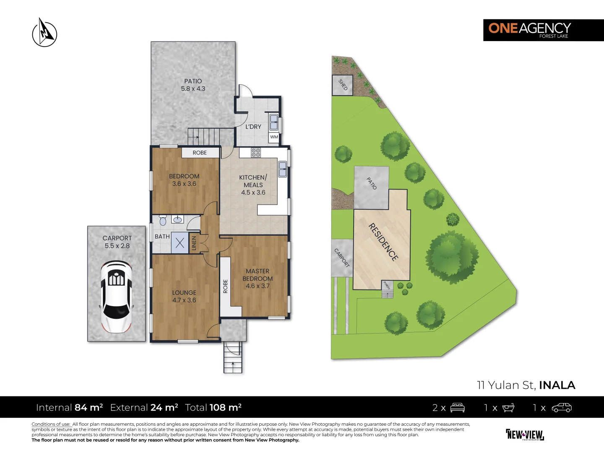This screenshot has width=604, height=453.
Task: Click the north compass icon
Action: [44, 33]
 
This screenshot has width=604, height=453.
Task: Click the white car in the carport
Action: [116, 297]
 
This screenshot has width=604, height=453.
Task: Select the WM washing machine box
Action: [274, 137]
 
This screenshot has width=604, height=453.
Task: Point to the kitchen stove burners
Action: [255, 153]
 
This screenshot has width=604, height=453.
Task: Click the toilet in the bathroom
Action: [163, 220]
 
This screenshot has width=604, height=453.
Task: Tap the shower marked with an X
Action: [180, 243]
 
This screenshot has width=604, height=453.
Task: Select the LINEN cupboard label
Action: [194, 243]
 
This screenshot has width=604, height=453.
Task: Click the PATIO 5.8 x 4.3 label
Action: [193, 85]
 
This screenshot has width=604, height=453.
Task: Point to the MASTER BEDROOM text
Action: [258, 275]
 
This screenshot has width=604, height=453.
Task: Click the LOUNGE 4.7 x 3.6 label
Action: [184, 296]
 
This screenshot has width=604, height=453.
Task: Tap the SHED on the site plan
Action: [343, 85]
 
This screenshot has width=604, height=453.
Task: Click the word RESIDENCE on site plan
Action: [383, 242]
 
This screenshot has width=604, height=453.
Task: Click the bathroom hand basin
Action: [177, 219]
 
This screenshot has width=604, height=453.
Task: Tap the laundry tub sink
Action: [274, 122]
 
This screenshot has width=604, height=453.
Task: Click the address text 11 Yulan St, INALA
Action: [526, 385]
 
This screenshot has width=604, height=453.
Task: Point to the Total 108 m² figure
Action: [213, 407]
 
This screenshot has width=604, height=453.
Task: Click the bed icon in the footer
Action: [457, 407]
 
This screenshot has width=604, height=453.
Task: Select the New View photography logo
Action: [525, 435]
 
